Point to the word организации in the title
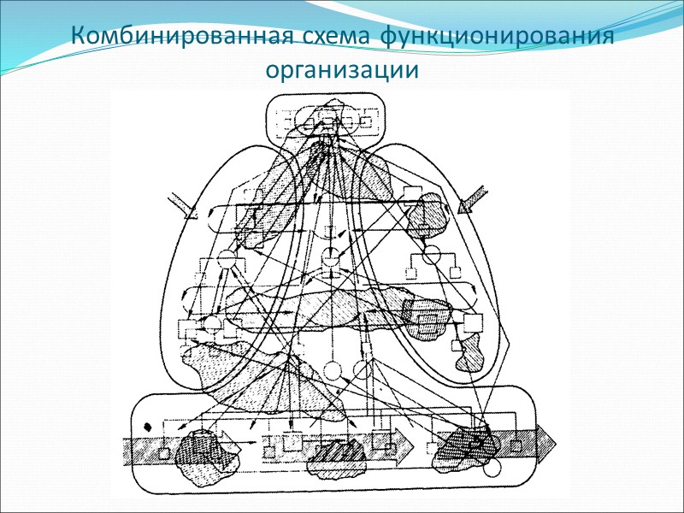pos(343,70)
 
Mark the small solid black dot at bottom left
pos(148,425)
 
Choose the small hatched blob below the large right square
pos(469,352)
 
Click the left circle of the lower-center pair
pos(333,371)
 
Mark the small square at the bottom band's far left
pos(162,452)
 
